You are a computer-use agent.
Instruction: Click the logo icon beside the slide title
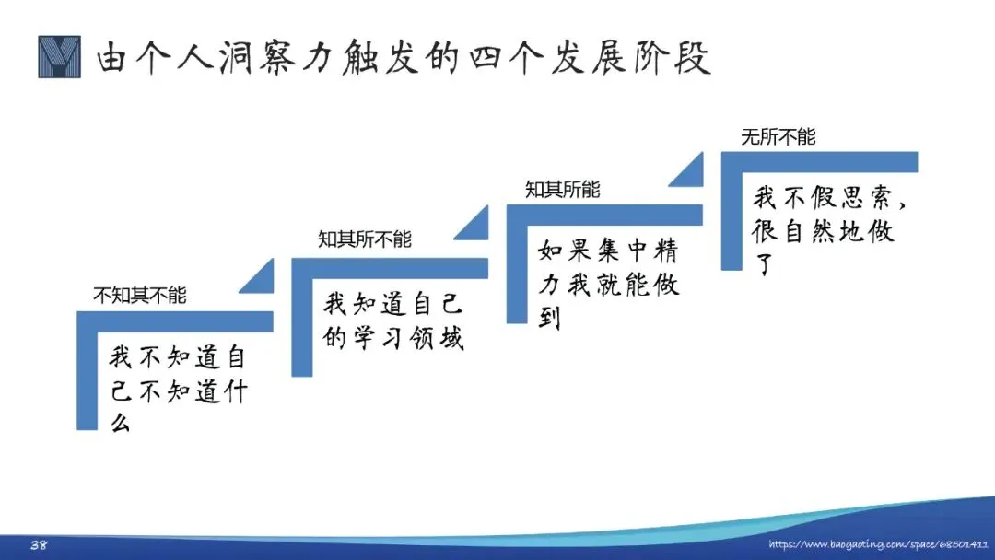60,57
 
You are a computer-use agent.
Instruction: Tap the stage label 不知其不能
140,296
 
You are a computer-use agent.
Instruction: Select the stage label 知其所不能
365,239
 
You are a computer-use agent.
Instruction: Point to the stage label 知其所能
562,190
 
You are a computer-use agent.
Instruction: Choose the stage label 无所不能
778,137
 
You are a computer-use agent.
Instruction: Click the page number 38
39,545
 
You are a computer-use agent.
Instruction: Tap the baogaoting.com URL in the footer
878,545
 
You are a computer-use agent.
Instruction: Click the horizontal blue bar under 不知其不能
175,321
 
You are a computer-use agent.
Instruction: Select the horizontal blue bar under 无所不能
820,160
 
